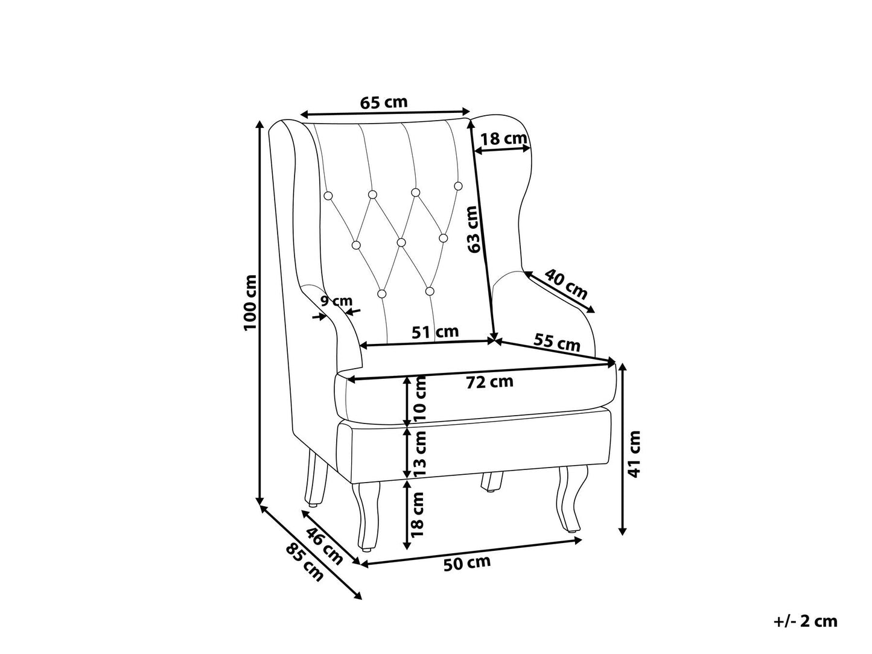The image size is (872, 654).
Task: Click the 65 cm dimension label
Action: [x=384, y=103]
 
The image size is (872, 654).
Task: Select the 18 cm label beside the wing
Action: [x=503, y=139]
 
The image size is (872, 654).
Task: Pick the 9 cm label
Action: [x=337, y=301]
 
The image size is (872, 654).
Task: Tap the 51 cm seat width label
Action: [x=435, y=332]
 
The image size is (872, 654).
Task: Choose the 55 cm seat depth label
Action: [x=556, y=342]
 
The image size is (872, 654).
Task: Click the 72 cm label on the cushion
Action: [x=489, y=381]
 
